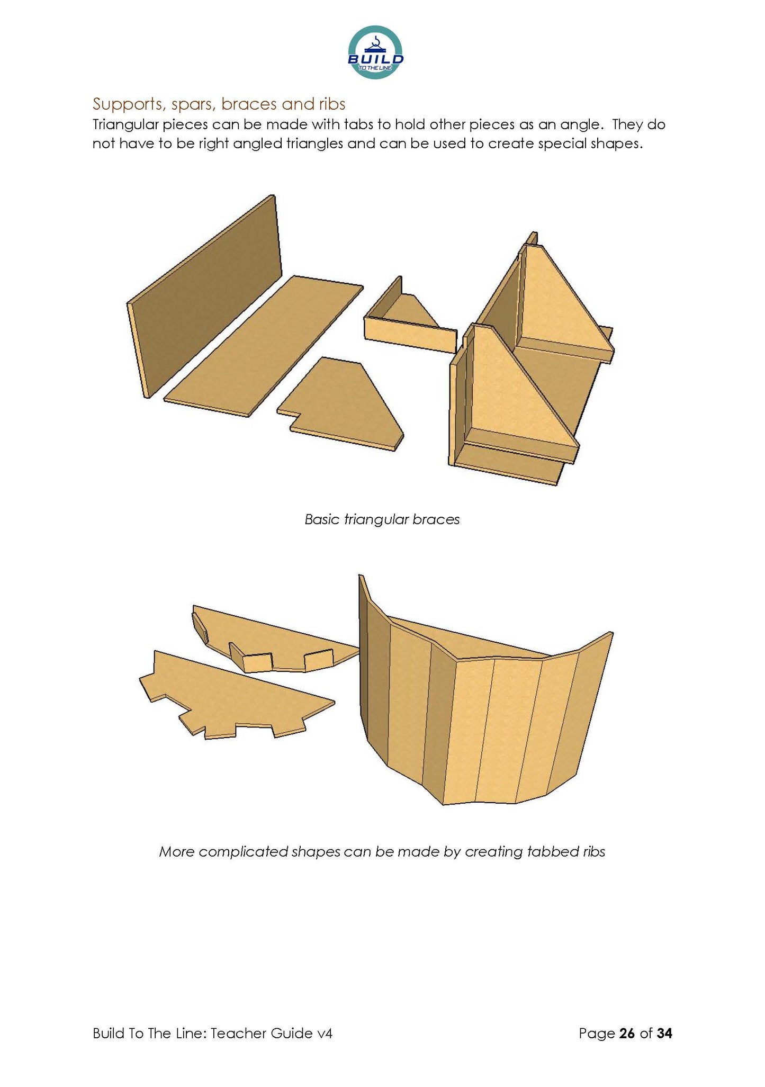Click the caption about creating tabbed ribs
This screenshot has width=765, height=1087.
pos(382,851)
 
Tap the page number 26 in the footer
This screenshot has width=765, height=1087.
pos(626,1033)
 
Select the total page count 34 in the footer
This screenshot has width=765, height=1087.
pos(664,1033)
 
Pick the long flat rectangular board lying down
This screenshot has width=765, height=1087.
pos(263,346)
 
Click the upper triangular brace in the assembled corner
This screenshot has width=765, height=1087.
pos(561,307)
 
